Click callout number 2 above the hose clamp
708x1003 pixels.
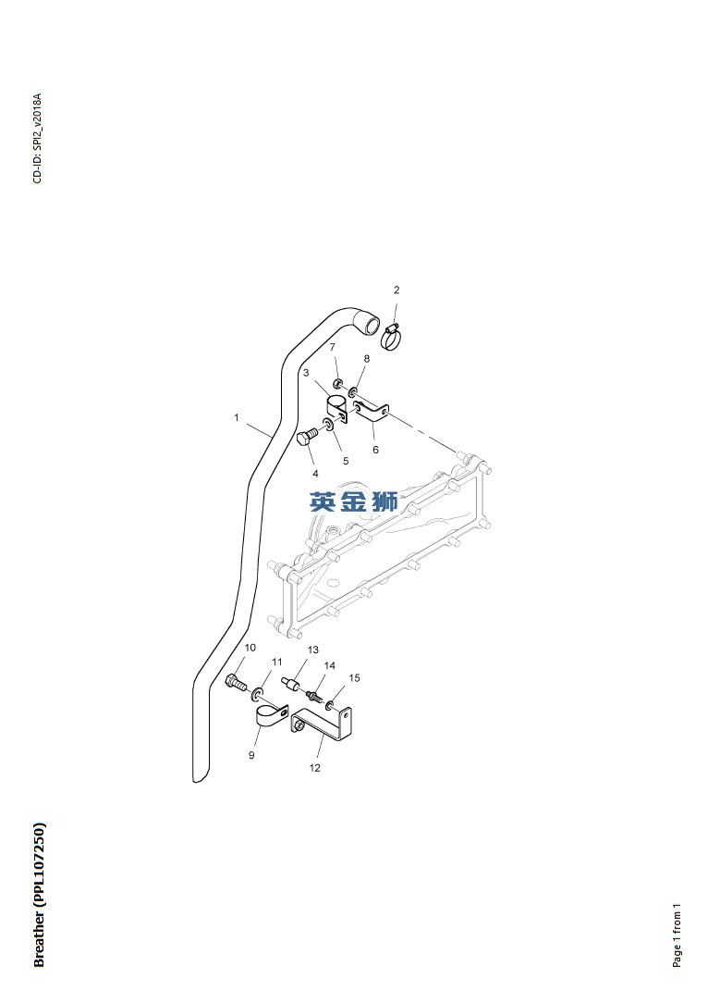[x=397, y=291]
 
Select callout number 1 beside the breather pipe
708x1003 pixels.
[x=237, y=418]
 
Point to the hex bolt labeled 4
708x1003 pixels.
[x=307, y=438]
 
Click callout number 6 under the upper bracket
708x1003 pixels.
[x=375, y=450]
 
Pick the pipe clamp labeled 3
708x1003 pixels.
[x=336, y=408]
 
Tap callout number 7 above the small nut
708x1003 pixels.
[x=332, y=347]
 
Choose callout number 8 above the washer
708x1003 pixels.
[x=366, y=358]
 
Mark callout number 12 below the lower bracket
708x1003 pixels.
[x=315, y=768]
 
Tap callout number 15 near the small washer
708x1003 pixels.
[x=354, y=678]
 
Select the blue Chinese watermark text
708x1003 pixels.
[x=354, y=501]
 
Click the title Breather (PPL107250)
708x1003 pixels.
[x=39, y=895]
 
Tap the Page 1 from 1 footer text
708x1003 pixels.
[x=677, y=935]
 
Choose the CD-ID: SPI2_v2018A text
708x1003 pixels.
[x=38, y=138]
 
